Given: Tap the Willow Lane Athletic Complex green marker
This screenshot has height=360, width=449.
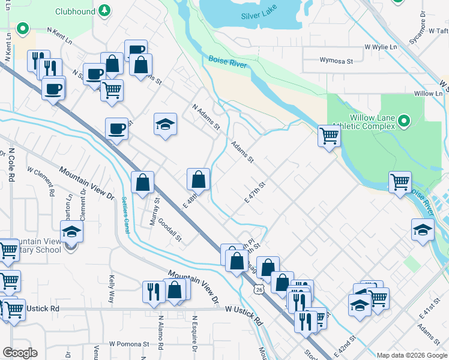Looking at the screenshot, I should click(404, 122).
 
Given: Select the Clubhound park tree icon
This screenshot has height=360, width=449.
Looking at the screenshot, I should click(105, 11).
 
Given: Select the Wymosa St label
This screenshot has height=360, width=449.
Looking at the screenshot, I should click(336, 61).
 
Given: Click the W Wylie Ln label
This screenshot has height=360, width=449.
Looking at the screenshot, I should click(381, 46).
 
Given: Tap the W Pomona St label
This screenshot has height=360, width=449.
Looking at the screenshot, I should click(128, 344).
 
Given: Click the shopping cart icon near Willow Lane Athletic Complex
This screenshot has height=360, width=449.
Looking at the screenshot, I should click(329, 136).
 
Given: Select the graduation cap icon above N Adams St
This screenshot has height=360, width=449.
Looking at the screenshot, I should click(166, 124).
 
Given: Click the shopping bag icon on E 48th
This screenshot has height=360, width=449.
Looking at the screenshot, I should click(198, 179).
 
